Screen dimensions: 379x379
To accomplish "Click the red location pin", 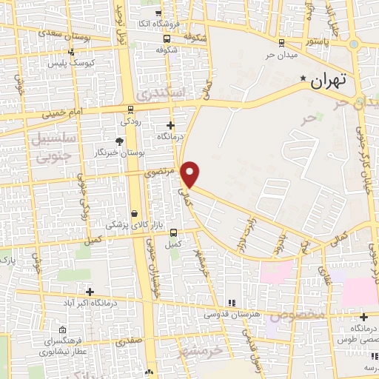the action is (x=191, y=173).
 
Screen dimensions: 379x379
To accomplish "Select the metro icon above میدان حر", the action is (x=281, y=42).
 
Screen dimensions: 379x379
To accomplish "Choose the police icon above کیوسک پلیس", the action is (x=71, y=53).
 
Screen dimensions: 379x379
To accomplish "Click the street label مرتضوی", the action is (x=160, y=172).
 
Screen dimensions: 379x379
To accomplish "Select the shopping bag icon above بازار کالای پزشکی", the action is (x=134, y=213).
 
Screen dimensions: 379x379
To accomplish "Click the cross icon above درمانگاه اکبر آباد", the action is (x=90, y=292).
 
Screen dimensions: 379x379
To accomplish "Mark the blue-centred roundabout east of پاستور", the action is (x=355, y=44).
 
